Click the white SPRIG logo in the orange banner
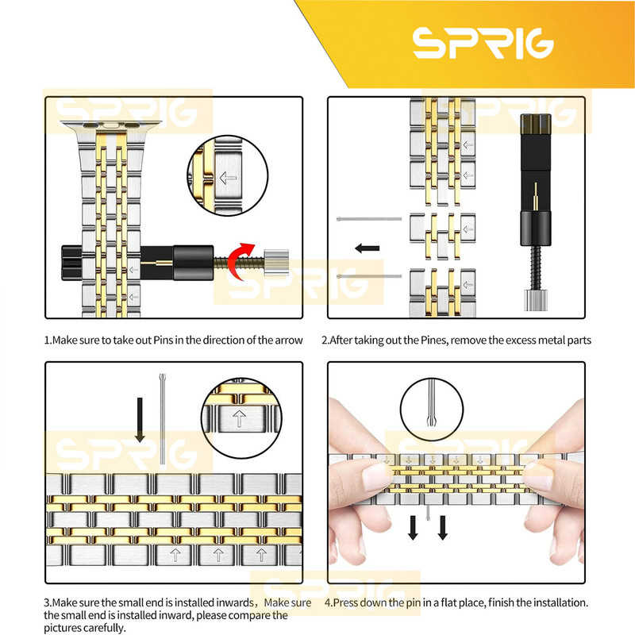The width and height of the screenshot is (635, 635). pyautogui.click(x=483, y=43)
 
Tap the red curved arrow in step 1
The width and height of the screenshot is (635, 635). pyautogui.click(x=237, y=261)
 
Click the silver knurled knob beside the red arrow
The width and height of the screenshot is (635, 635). pyautogui.click(x=276, y=262)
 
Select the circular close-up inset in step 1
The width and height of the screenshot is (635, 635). pyautogui.click(x=228, y=175)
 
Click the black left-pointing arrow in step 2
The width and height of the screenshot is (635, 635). pyautogui.click(x=367, y=248)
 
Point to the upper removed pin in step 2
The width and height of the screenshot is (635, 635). pyautogui.click(x=369, y=219)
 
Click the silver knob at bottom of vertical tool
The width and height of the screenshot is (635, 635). pyautogui.click(x=535, y=300)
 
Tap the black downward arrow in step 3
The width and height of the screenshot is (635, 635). pyautogui.click(x=140, y=420)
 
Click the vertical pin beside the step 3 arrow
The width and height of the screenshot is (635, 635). pyautogui.click(x=163, y=419)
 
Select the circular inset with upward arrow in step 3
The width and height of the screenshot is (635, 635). pyautogui.click(x=241, y=418)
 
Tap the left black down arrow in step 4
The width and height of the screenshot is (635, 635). pyautogui.click(x=413, y=528)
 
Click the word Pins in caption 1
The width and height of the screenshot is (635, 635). pyautogui.click(x=163, y=341)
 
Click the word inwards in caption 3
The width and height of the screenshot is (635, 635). pyautogui.click(x=234, y=602)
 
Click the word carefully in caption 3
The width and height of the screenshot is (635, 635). pyautogui.click(x=104, y=628)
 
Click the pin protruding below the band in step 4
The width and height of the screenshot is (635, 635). pyautogui.click(x=428, y=512)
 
